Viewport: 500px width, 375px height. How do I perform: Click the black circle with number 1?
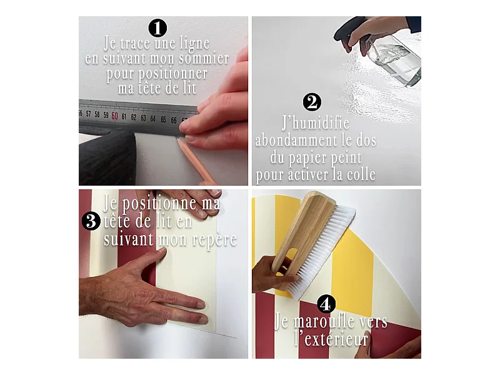(158, 28)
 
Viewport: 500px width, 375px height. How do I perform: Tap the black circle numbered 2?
(312, 102)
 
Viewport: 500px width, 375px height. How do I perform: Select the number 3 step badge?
(91, 221)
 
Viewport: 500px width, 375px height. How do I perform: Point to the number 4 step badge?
(326, 304)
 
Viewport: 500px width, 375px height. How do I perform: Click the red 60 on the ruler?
(115, 116)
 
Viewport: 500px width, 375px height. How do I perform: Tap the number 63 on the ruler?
(144, 117)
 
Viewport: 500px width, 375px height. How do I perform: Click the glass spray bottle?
(394, 60)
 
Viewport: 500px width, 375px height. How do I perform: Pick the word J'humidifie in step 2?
(316, 123)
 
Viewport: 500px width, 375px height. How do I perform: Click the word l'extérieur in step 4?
(331, 339)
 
